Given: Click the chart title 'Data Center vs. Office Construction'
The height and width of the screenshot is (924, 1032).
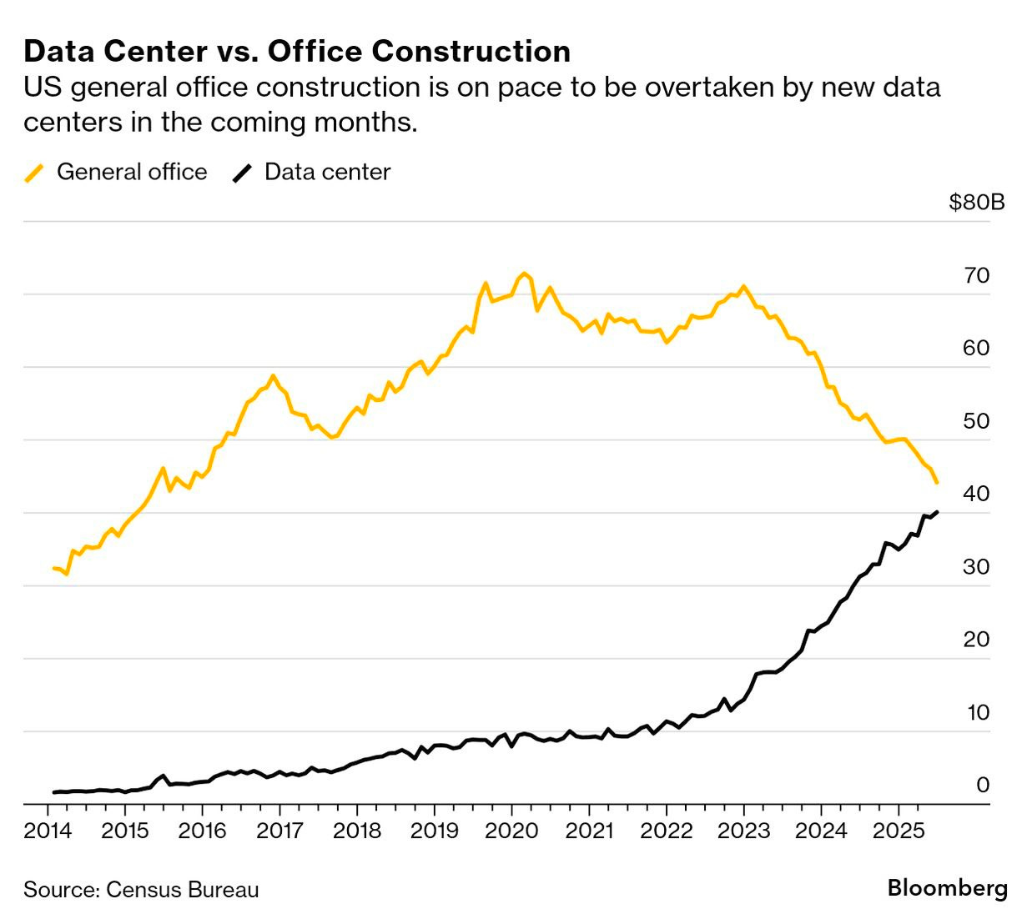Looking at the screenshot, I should point(297,52).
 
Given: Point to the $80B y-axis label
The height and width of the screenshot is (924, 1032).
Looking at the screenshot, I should point(976,203).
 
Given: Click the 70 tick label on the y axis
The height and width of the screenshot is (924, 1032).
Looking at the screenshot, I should point(976,276).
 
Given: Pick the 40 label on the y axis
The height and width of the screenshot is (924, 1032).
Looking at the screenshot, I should point(976,495).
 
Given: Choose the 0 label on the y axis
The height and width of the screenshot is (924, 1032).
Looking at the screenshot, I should point(982,786).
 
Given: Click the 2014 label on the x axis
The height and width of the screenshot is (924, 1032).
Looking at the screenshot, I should point(48,831).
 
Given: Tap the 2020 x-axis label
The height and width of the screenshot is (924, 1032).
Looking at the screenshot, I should point(511,831).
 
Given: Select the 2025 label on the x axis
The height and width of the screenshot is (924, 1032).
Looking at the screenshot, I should point(898,831).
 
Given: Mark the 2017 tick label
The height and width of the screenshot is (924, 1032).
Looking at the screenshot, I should point(279,831).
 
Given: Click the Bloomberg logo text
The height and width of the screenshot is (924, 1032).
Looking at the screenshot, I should point(947,888).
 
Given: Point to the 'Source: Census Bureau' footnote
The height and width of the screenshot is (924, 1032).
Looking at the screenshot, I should point(141,890).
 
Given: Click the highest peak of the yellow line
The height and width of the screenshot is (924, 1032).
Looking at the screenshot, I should point(524,274).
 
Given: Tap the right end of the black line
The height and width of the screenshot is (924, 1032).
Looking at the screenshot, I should point(937,512).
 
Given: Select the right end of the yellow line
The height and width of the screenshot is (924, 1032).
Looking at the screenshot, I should point(937,482).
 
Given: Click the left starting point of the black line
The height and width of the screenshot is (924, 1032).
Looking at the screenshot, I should point(53,792).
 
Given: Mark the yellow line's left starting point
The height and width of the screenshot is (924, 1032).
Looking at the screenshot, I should point(53,568).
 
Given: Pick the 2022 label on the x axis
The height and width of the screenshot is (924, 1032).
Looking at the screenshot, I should point(666,831).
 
